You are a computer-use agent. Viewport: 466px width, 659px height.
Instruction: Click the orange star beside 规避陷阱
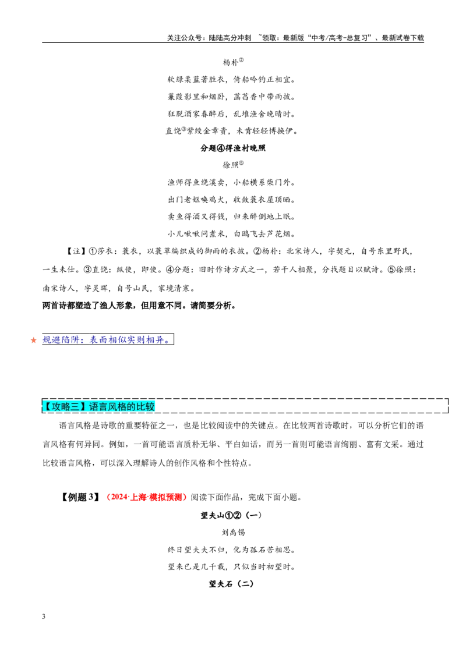pyautogui.click(x=34, y=340)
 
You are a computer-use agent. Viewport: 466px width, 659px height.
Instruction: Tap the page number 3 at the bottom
pyautogui.click(x=44, y=617)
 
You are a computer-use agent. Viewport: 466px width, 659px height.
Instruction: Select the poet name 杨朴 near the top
pyautogui.click(x=231, y=62)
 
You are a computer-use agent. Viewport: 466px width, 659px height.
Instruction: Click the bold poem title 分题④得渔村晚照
pyautogui.click(x=233, y=148)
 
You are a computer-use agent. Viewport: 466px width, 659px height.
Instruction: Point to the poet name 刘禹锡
pyautogui.click(x=233, y=533)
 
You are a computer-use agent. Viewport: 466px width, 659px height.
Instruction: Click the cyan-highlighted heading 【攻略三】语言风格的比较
pyautogui.click(x=99, y=406)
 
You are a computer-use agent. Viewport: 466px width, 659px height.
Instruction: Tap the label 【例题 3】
pyautogui.click(x=80, y=497)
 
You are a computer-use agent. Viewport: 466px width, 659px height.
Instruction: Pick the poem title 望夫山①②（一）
pyautogui.click(x=231, y=515)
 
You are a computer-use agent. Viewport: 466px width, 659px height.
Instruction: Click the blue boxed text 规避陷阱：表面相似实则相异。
pyautogui.click(x=108, y=339)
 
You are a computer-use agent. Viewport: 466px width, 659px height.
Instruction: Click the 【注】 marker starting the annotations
pyautogui.click(x=76, y=251)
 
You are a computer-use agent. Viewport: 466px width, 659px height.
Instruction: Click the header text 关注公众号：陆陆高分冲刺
pyautogui.click(x=209, y=38)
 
